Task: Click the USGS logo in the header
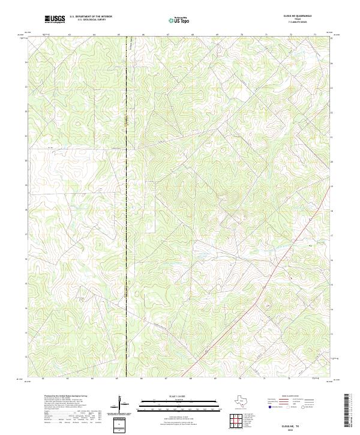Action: (55, 19)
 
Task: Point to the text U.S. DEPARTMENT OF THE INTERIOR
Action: (91, 17)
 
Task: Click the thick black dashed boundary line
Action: (126, 180)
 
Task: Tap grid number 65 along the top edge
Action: (118, 35)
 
